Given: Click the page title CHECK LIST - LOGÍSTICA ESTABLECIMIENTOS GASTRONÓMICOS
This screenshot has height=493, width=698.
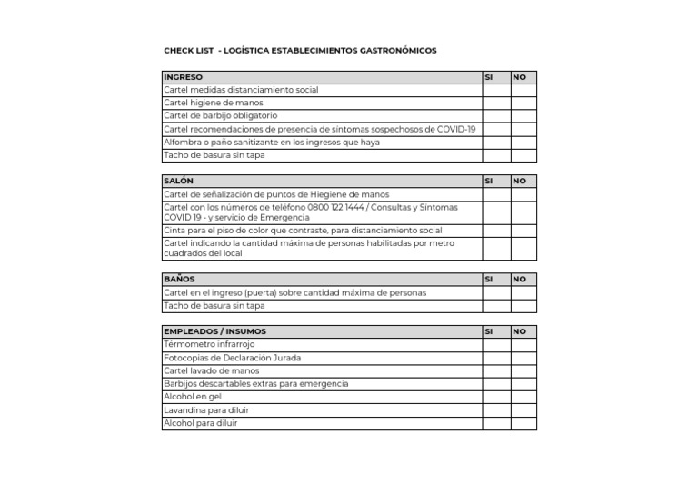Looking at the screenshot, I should (x=300, y=51).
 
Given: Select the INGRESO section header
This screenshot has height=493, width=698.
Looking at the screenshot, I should (x=184, y=77).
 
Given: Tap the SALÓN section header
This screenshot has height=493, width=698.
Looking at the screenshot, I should (x=179, y=181).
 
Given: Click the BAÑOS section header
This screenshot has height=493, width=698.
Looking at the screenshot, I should (x=179, y=279).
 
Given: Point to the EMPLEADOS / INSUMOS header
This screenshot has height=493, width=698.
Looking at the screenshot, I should (x=214, y=331).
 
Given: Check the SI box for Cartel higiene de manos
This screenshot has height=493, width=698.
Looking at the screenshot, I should (x=495, y=103).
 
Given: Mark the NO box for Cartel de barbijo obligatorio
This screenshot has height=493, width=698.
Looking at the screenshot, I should (x=523, y=116).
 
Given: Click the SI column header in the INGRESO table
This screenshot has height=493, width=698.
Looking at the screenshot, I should (x=489, y=77).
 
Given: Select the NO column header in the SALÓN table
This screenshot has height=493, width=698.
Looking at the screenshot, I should (x=520, y=181).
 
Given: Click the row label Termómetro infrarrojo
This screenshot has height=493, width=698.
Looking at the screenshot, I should (x=209, y=345).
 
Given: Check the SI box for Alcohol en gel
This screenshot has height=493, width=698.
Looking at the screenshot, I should (x=495, y=397).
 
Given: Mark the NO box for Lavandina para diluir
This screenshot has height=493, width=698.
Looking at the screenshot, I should (x=523, y=410).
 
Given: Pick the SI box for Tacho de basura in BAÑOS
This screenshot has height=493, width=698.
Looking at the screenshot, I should (x=495, y=306).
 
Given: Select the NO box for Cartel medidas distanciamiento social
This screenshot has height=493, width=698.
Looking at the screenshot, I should (x=523, y=90).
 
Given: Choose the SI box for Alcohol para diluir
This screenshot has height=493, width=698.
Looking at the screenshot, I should (x=495, y=423).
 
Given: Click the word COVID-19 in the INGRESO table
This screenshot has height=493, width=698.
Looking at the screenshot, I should (x=455, y=129).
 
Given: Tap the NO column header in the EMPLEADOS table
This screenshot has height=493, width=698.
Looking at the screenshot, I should (x=520, y=331).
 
